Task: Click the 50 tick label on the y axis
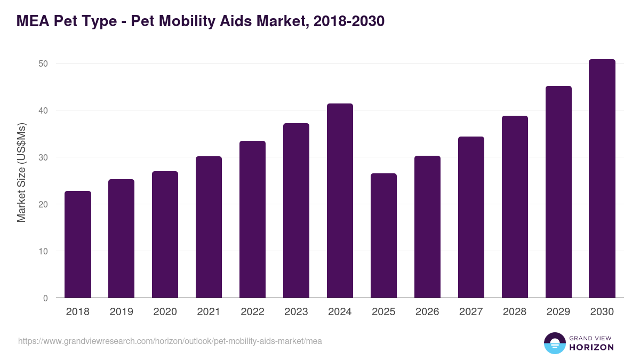pyautogui.click(x=43, y=63)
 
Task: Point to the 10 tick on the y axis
pyautogui.click(x=43, y=251)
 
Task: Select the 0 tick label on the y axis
pyautogui.click(x=45, y=298)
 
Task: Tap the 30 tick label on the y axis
pyautogui.click(x=43, y=157)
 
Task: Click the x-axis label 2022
pyautogui.click(x=252, y=312)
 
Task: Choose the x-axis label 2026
pyautogui.click(x=427, y=312)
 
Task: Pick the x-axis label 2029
pyautogui.click(x=558, y=312)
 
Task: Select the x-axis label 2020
pyautogui.click(x=165, y=312)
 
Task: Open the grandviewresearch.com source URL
pyautogui.click(x=170, y=341)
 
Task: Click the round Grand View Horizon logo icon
pyautogui.click(x=554, y=343)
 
